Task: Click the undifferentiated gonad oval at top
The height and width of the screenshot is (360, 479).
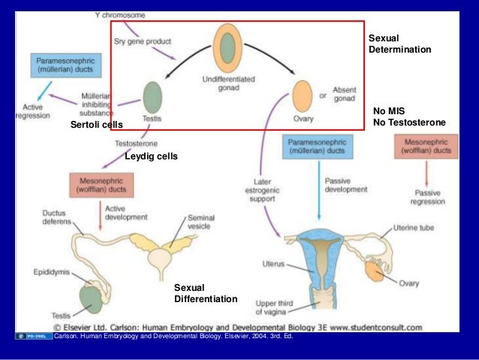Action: point(226,47)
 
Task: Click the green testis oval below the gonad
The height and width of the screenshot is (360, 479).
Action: point(152,97)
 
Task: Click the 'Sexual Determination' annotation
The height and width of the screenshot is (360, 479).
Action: point(399,44)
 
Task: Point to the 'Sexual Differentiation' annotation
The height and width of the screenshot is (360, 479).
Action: point(205,293)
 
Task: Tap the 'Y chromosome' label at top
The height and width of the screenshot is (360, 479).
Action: point(120,14)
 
